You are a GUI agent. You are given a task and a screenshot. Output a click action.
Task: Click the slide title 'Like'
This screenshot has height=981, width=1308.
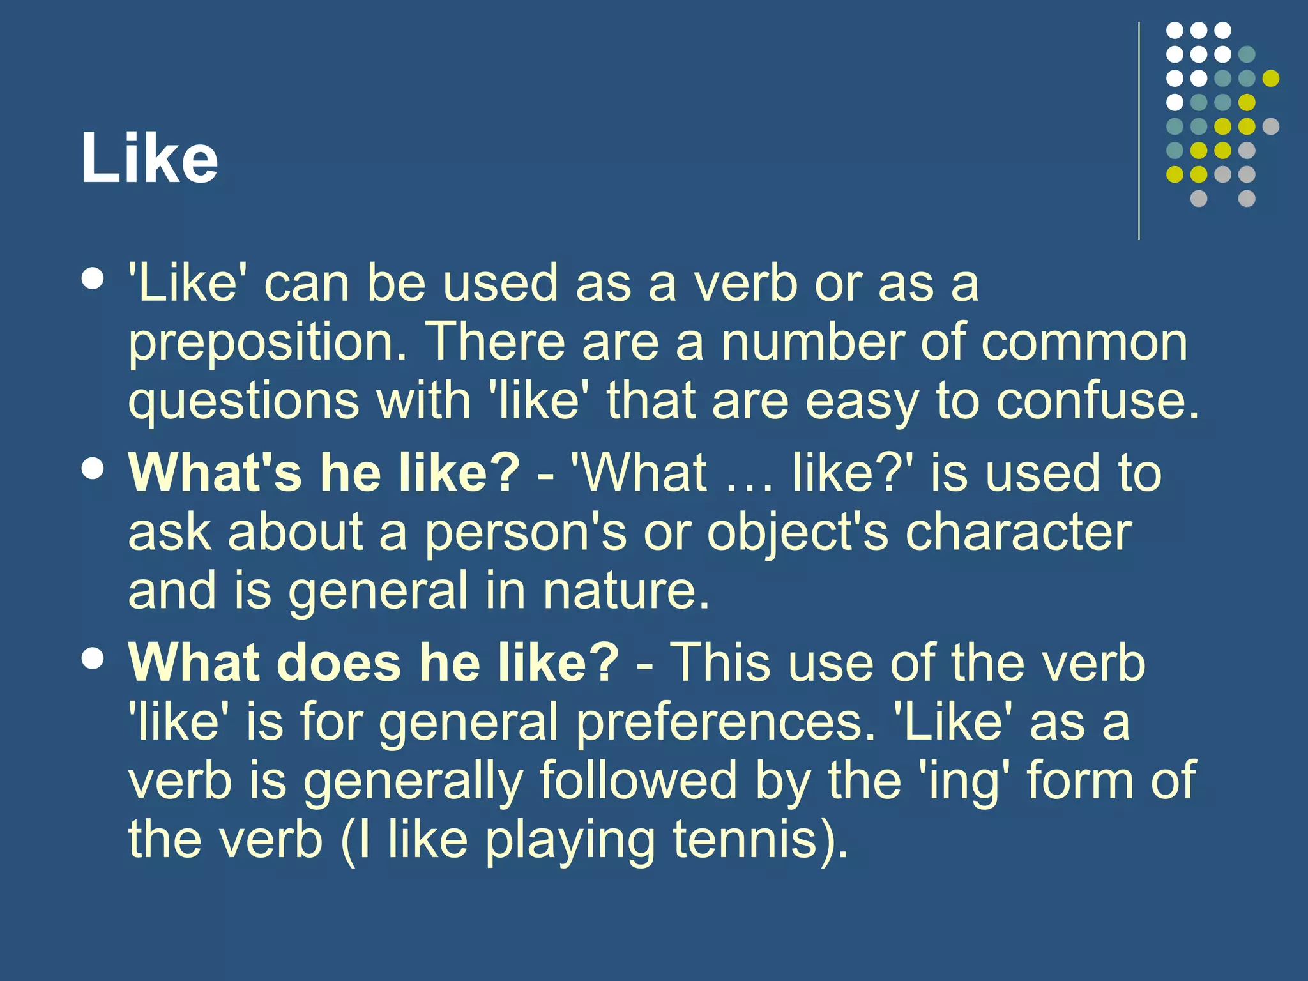point(149,158)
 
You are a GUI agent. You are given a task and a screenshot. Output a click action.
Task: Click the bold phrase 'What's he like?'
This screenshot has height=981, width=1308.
point(324,473)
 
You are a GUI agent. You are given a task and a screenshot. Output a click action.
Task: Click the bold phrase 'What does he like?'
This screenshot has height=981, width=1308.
point(374,662)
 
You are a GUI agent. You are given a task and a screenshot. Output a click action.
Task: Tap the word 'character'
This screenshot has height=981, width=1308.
point(1019,531)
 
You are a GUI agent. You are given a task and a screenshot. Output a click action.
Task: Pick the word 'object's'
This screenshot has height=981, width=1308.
point(797,533)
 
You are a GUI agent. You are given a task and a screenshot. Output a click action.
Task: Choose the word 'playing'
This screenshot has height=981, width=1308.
point(570,840)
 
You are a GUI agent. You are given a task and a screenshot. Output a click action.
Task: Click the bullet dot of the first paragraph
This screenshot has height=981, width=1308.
point(93,279)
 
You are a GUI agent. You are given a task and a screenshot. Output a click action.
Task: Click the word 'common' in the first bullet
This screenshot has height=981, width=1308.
point(1084,342)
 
